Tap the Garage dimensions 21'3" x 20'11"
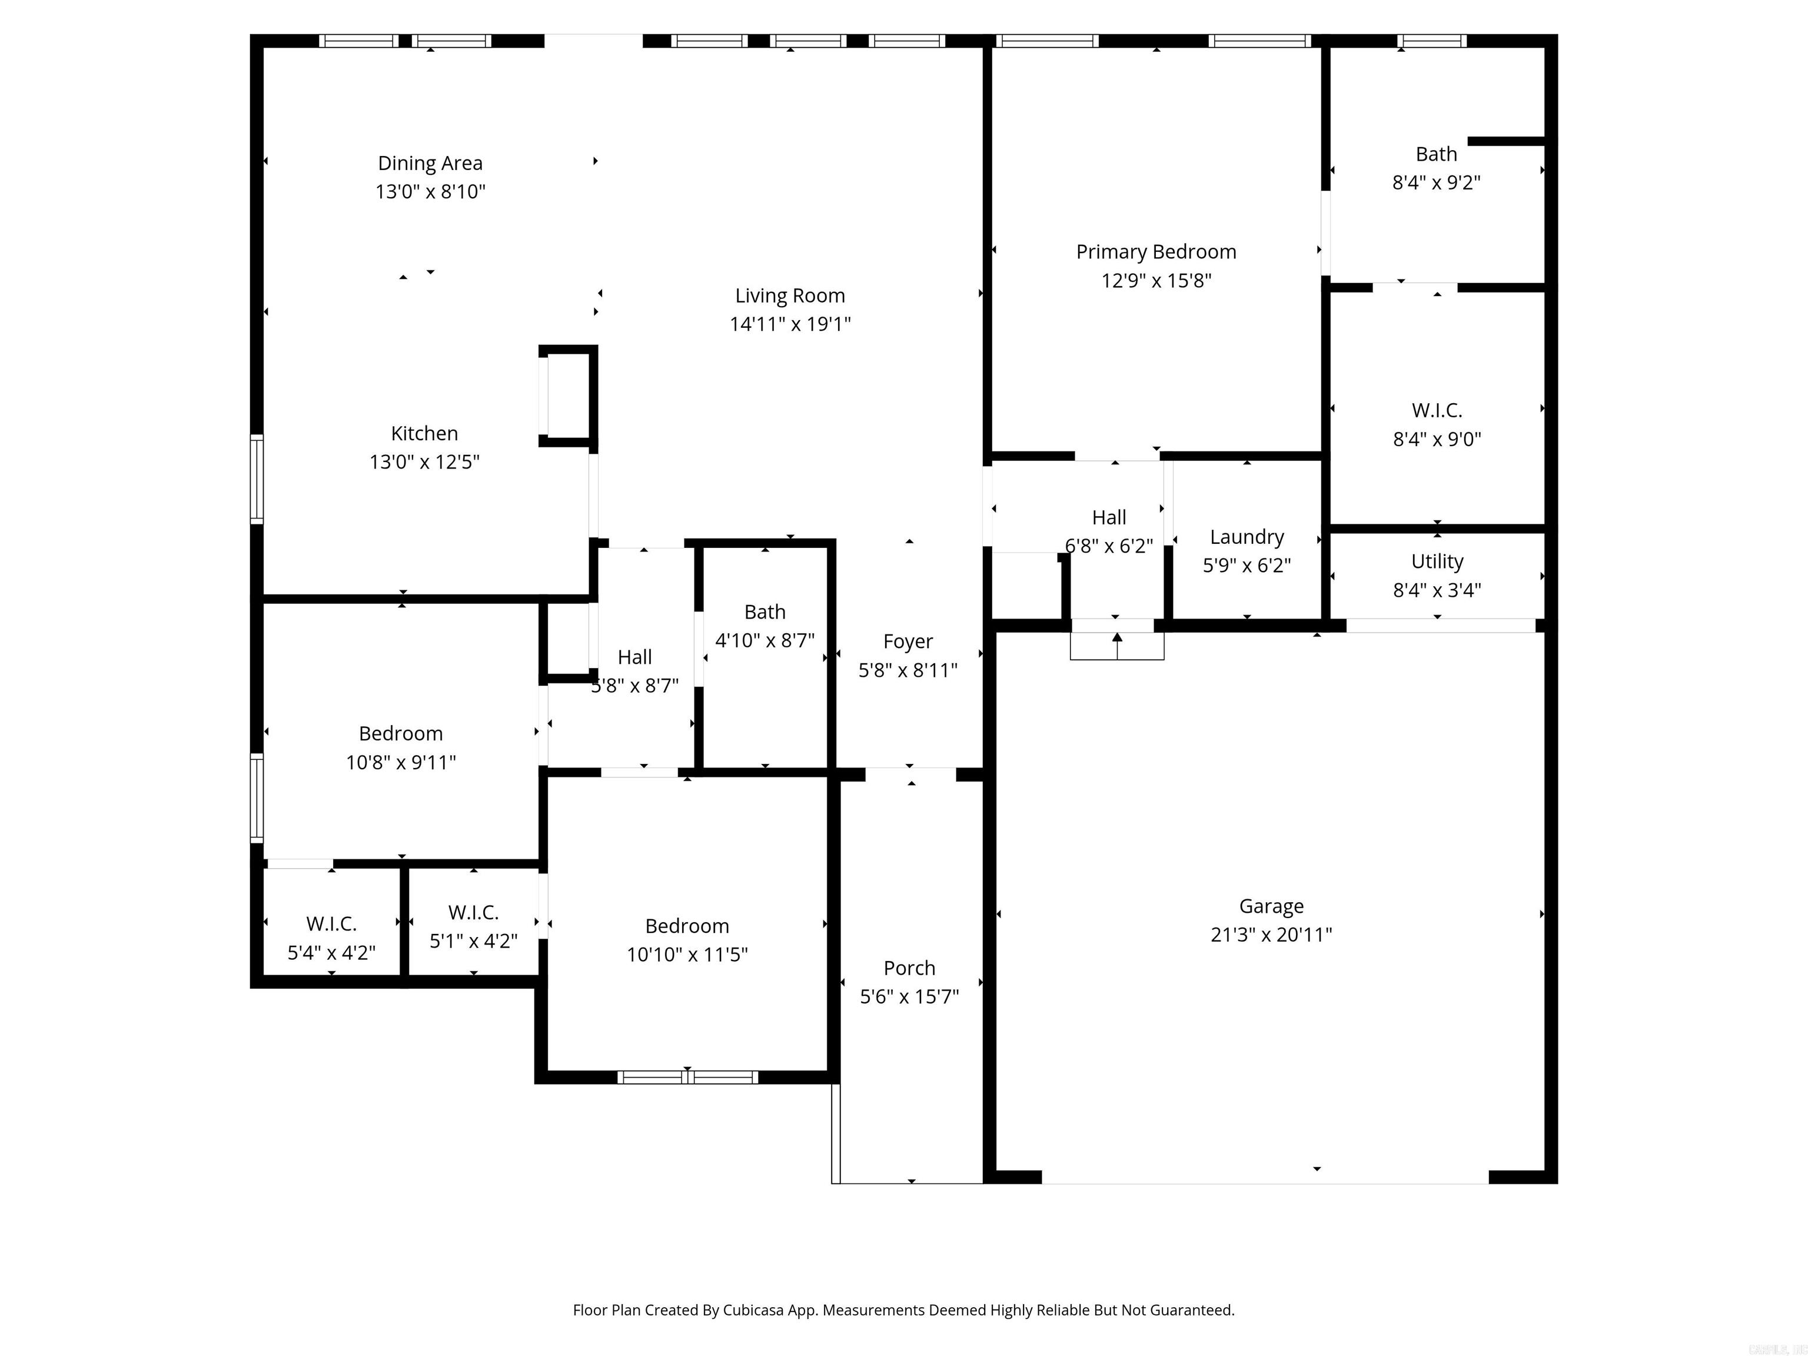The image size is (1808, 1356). click(x=1271, y=934)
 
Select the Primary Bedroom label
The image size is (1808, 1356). click(x=1156, y=252)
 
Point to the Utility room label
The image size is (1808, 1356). click(x=1437, y=561)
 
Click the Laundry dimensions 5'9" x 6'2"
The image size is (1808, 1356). click(x=1247, y=566)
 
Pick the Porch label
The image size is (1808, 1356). click(x=909, y=968)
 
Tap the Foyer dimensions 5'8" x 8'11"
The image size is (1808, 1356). click(x=908, y=670)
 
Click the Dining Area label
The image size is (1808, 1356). click(x=430, y=164)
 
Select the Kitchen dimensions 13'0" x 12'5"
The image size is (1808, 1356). click(x=424, y=462)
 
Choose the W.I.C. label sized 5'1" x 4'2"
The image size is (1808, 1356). click(x=473, y=912)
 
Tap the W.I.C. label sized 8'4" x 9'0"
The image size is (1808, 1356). click(x=1437, y=410)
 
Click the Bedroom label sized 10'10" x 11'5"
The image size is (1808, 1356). click(x=687, y=926)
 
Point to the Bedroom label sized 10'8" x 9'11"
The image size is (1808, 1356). click(x=401, y=733)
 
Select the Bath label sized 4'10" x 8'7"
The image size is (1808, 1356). click(x=765, y=612)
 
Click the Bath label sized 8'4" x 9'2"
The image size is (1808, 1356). click(x=1436, y=154)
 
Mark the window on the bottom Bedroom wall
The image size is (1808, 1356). click(x=687, y=1077)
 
